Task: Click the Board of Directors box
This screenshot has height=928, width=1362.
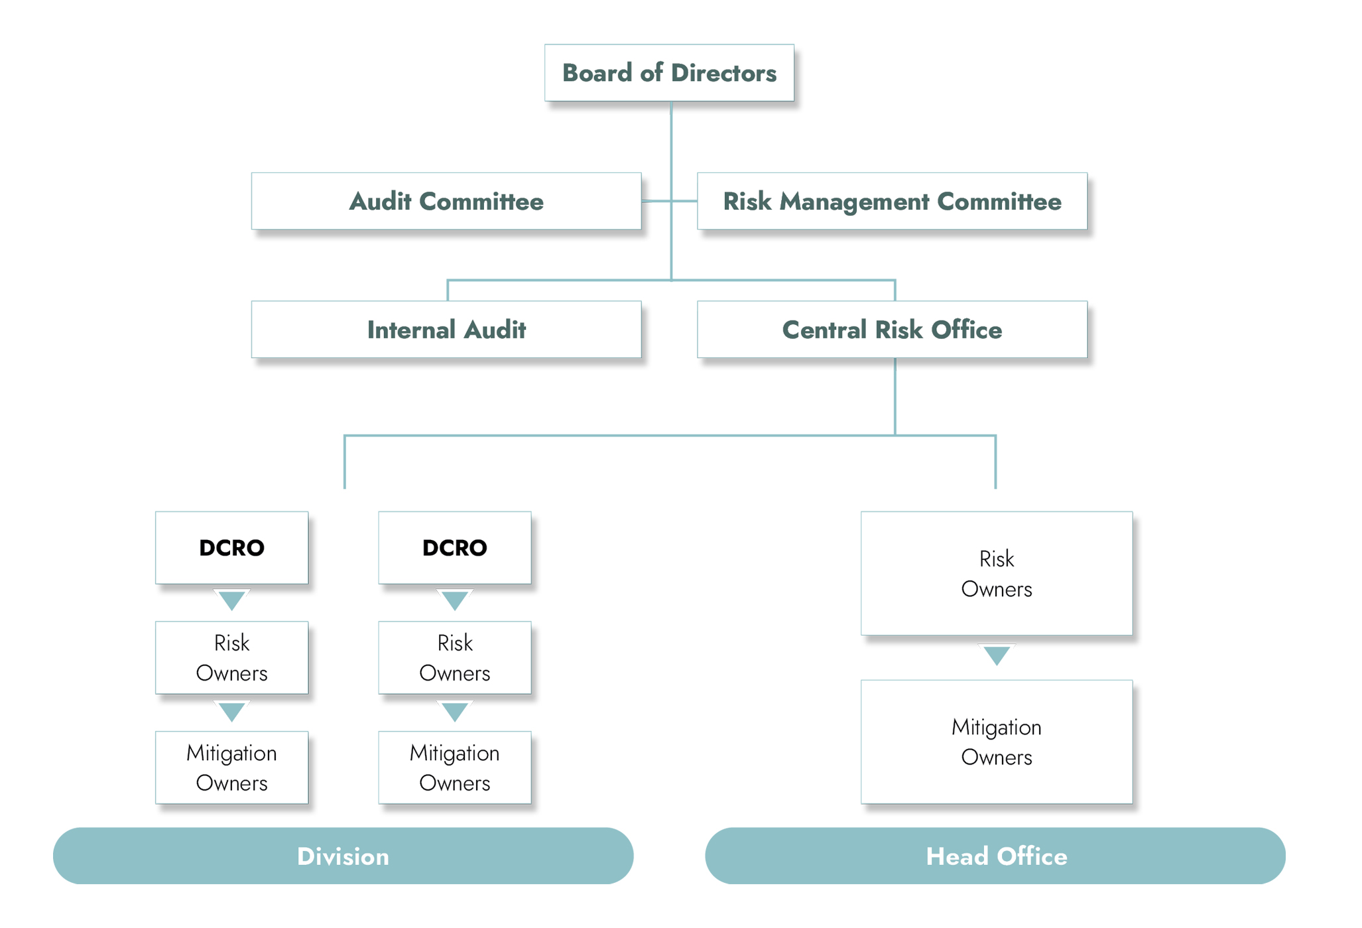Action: (x=669, y=73)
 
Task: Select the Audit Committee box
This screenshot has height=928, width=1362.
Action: (x=446, y=201)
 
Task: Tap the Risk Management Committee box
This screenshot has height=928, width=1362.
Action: (x=892, y=201)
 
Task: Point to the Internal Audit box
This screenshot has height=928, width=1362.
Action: (x=446, y=330)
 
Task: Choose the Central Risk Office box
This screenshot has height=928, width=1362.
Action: (x=892, y=330)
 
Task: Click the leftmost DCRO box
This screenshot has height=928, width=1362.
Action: (x=232, y=548)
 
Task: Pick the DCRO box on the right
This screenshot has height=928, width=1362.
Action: (x=455, y=548)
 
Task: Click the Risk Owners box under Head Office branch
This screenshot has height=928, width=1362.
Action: (x=997, y=573)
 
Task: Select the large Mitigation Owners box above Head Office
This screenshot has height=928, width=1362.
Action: (x=997, y=742)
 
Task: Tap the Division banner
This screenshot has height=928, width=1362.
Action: (x=343, y=856)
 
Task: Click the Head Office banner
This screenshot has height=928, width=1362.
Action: (x=995, y=856)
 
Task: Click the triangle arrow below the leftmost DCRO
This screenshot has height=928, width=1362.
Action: (x=232, y=600)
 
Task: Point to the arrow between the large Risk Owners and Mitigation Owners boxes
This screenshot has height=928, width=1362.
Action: (x=997, y=655)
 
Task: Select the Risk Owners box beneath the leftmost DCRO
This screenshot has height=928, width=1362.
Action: (x=232, y=657)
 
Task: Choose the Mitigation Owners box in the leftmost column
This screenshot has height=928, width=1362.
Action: (x=232, y=767)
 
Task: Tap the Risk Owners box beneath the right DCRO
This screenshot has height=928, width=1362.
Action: (x=455, y=657)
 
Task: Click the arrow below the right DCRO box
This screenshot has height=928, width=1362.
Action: (x=455, y=600)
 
